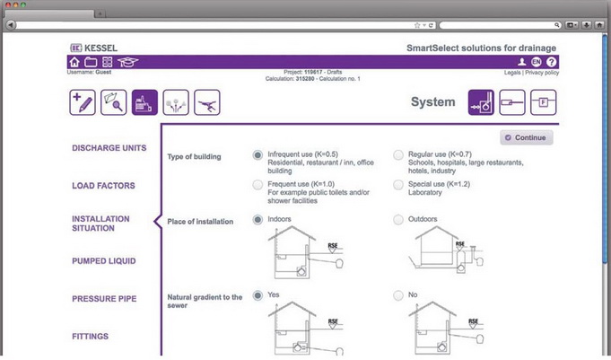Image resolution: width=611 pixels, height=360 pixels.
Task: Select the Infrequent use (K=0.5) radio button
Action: click(x=258, y=154)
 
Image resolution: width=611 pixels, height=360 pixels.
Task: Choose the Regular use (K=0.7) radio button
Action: click(x=399, y=154)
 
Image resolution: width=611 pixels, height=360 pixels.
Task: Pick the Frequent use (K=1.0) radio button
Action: click(x=258, y=184)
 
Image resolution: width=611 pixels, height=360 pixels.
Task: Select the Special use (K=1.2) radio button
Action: click(x=399, y=184)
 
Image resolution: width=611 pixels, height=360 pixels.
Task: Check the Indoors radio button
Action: click(x=258, y=219)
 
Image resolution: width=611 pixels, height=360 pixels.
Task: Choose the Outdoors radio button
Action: click(x=399, y=219)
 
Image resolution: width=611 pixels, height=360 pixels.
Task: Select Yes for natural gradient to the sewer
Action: click(x=258, y=294)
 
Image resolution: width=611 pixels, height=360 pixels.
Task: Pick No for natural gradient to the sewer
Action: click(x=399, y=294)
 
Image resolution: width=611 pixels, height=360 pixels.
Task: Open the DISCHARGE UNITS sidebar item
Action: click(x=109, y=148)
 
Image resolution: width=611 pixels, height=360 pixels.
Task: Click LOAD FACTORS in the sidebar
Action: click(x=103, y=186)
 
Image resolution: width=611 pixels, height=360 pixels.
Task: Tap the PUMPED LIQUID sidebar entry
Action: click(x=104, y=261)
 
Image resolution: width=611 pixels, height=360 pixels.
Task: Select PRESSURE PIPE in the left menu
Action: click(x=104, y=298)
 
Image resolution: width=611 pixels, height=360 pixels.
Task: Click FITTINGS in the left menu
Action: click(x=91, y=337)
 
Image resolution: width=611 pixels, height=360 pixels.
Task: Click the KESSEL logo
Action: click(x=93, y=47)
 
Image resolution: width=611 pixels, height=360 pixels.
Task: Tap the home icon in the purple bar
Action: click(x=74, y=62)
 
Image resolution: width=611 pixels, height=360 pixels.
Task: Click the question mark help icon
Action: click(x=551, y=62)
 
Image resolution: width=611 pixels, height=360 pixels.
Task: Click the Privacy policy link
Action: click(x=542, y=73)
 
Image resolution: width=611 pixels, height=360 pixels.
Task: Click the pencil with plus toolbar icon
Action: click(x=83, y=102)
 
